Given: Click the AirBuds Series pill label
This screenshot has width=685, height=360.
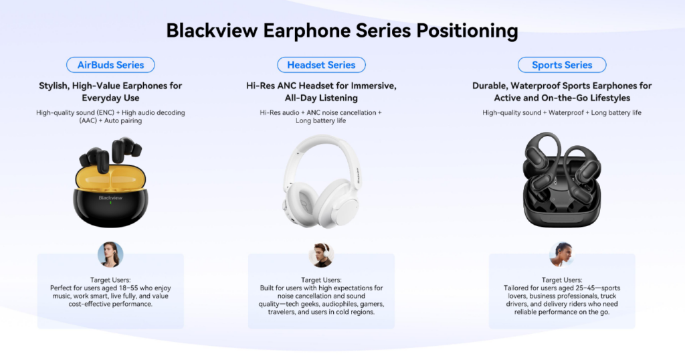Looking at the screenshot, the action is [x=110, y=65].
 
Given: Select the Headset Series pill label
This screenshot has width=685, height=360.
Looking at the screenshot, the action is [x=321, y=65].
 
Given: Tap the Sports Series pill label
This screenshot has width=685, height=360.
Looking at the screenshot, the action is [x=562, y=65].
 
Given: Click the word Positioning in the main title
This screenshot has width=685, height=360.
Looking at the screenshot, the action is [x=467, y=31].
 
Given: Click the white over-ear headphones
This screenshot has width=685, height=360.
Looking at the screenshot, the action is [x=322, y=181].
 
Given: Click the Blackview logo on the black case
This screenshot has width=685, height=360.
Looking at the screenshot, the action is [x=110, y=198].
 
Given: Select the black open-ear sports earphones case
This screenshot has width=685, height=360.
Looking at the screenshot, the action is [x=562, y=180].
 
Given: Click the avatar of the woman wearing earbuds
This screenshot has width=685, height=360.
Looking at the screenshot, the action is [x=110, y=254].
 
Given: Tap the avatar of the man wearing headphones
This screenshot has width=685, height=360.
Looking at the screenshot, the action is [x=321, y=255].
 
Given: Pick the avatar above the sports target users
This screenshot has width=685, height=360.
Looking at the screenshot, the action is [x=562, y=254].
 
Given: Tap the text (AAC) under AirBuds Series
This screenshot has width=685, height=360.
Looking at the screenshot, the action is [x=88, y=120].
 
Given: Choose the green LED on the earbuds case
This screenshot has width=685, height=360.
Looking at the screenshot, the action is [x=110, y=203].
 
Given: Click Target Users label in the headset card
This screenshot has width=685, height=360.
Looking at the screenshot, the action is [x=321, y=280].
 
